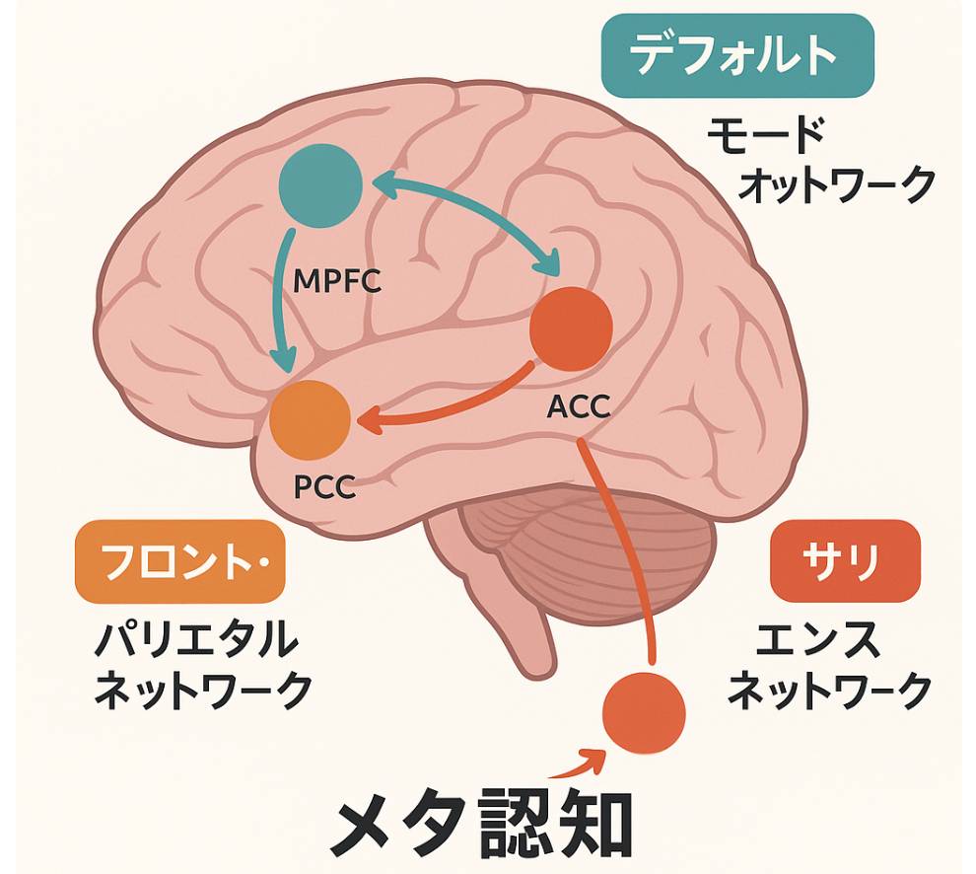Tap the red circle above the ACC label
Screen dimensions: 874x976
(x=572, y=329)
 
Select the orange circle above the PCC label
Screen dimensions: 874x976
(x=311, y=418)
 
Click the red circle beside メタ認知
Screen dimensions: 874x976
(x=644, y=712)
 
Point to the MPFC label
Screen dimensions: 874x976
(x=337, y=283)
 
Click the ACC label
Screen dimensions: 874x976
(x=578, y=404)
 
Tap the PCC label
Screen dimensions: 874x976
(x=324, y=487)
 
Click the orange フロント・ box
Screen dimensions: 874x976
(x=179, y=562)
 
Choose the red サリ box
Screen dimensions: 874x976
(x=845, y=560)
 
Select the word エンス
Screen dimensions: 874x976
(x=818, y=642)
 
